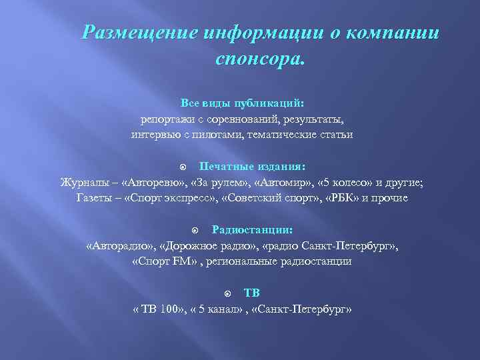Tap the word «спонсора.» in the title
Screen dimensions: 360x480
tap(259, 59)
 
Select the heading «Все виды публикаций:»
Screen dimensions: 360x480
tap(242, 104)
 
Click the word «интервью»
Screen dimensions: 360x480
tap(155, 135)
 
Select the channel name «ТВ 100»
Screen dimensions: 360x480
tap(157, 310)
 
